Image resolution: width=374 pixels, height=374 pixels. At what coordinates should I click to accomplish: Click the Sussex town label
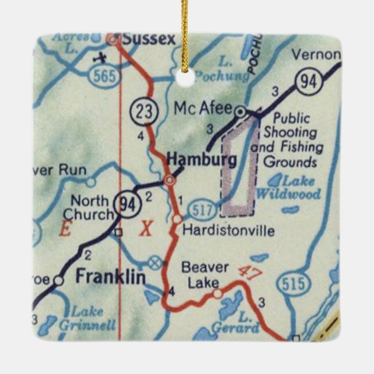click(148, 39)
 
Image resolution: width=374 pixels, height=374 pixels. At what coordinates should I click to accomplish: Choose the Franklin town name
click(110, 277)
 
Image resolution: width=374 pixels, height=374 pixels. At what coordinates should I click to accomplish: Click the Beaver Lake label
click(200, 275)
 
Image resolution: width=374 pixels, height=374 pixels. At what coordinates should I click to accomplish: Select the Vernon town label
click(315, 55)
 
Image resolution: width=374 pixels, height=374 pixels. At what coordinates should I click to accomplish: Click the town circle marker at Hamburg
click(169, 181)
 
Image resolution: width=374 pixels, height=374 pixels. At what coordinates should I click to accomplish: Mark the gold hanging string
click(187, 35)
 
